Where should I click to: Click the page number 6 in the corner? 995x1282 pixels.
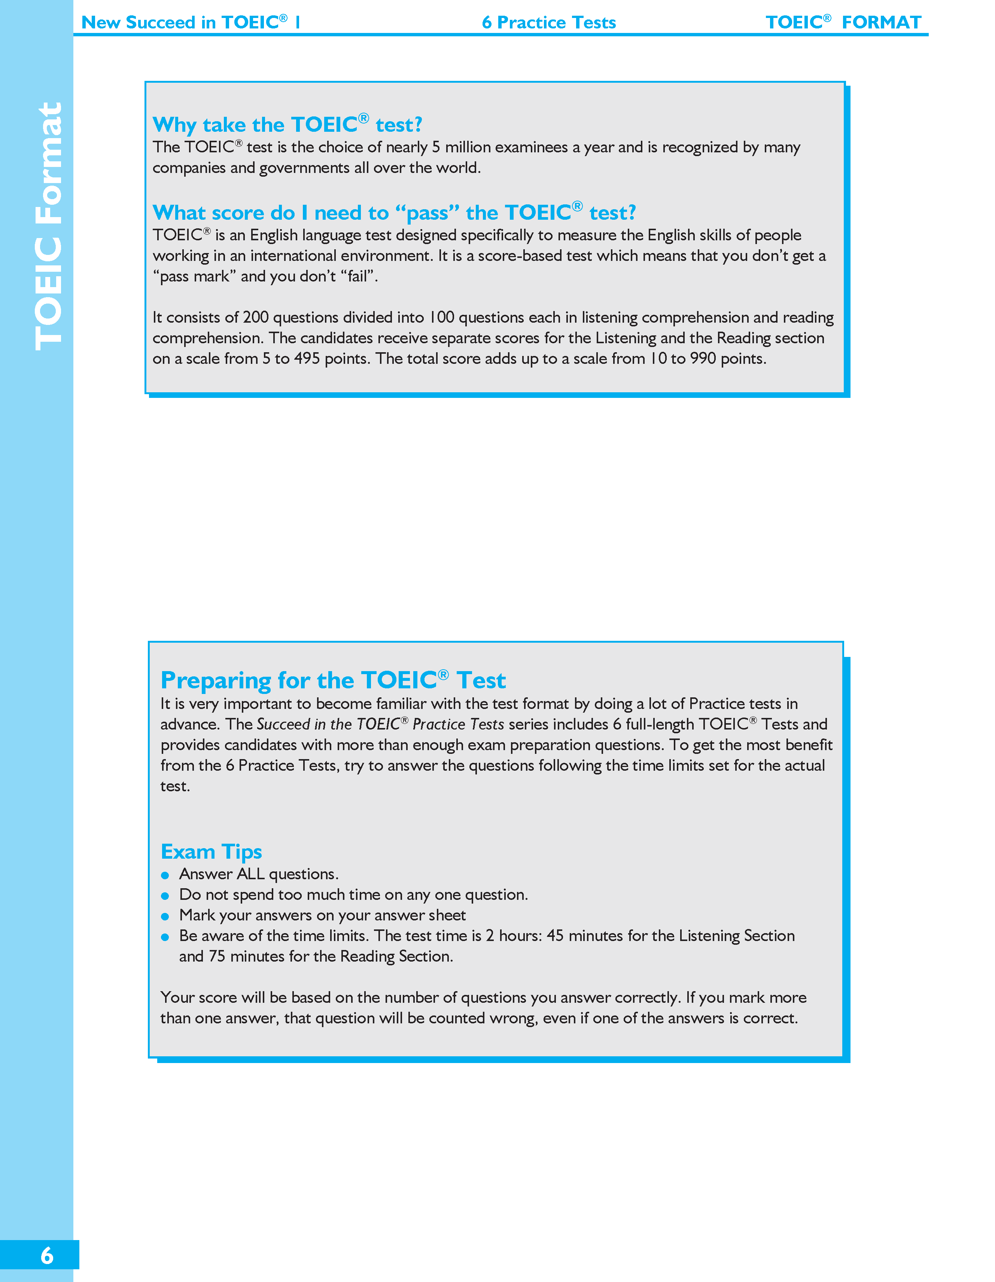[x=46, y=1255]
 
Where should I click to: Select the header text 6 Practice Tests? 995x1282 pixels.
[x=548, y=22]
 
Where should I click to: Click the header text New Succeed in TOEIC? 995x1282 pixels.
[x=190, y=22]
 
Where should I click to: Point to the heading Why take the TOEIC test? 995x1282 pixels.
[x=287, y=124]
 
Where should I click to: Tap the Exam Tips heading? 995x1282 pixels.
[x=212, y=851]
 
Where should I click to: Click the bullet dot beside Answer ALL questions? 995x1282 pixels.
[x=165, y=875]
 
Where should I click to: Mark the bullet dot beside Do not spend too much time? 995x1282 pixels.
[x=165, y=896]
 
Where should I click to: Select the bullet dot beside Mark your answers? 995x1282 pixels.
[x=165, y=916]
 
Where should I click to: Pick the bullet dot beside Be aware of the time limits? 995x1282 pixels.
[x=165, y=937]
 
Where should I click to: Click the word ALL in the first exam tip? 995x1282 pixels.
[x=251, y=874]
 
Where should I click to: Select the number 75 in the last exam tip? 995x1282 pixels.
[x=217, y=956]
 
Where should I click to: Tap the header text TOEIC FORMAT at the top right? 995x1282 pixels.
[x=843, y=22]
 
